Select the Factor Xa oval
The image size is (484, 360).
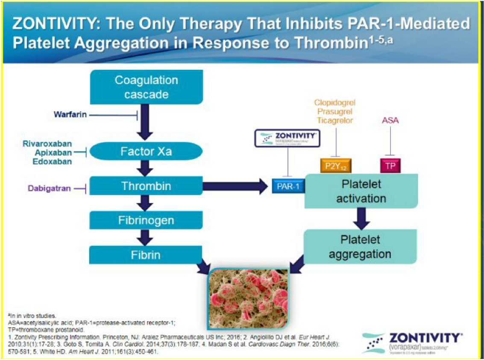[x=146, y=152]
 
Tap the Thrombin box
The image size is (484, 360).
[x=146, y=186]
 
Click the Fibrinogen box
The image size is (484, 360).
[x=146, y=221]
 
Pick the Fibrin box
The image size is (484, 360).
[x=146, y=255]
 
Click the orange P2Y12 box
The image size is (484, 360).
[x=335, y=166]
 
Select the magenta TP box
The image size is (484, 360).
[x=390, y=166]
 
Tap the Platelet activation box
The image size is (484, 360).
[x=361, y=191]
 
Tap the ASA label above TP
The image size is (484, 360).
[x=390, y=121]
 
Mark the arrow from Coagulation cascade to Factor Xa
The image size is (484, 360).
[x=146, y=122]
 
